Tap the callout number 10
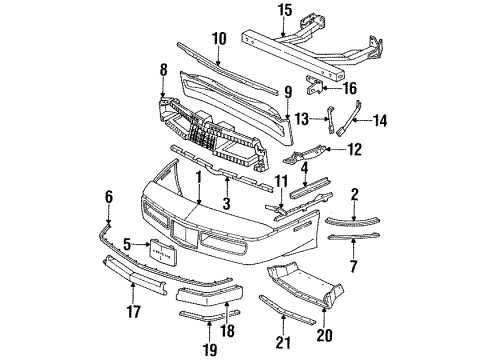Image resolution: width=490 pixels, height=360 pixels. [x=219, y=38]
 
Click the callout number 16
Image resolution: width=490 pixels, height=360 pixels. [x=350, y=88]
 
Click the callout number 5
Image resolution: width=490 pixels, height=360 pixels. [x=128, y=242]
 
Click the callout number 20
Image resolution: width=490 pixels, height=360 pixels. [x=326, y=335]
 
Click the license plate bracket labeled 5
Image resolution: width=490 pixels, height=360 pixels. [x=164, y=252]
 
